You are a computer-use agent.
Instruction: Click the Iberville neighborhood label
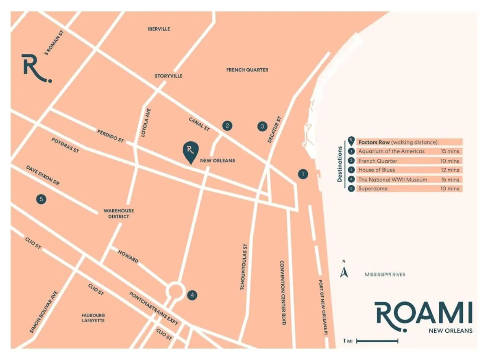coord(159,29)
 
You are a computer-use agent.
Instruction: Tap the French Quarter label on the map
coord(247,70)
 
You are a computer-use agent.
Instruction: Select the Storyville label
coord(168,76)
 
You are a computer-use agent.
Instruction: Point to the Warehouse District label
coord(119,214)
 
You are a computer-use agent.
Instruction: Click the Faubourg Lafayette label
coord(93,318)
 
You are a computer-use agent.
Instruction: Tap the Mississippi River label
coord(385,275)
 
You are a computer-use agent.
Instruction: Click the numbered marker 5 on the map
coord(41,199)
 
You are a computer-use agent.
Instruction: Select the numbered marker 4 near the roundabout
coord(192,295)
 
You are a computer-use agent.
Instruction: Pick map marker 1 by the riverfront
coord(303,174)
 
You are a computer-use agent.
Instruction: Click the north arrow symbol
coord(344,271)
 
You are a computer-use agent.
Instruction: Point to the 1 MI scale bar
coord(377,341)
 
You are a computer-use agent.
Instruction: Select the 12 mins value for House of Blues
coord(450,170)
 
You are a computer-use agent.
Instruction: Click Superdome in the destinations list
coord(373,189)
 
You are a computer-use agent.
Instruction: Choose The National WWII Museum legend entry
coord(392,179)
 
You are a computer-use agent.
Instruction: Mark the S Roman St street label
coord(54,43)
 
